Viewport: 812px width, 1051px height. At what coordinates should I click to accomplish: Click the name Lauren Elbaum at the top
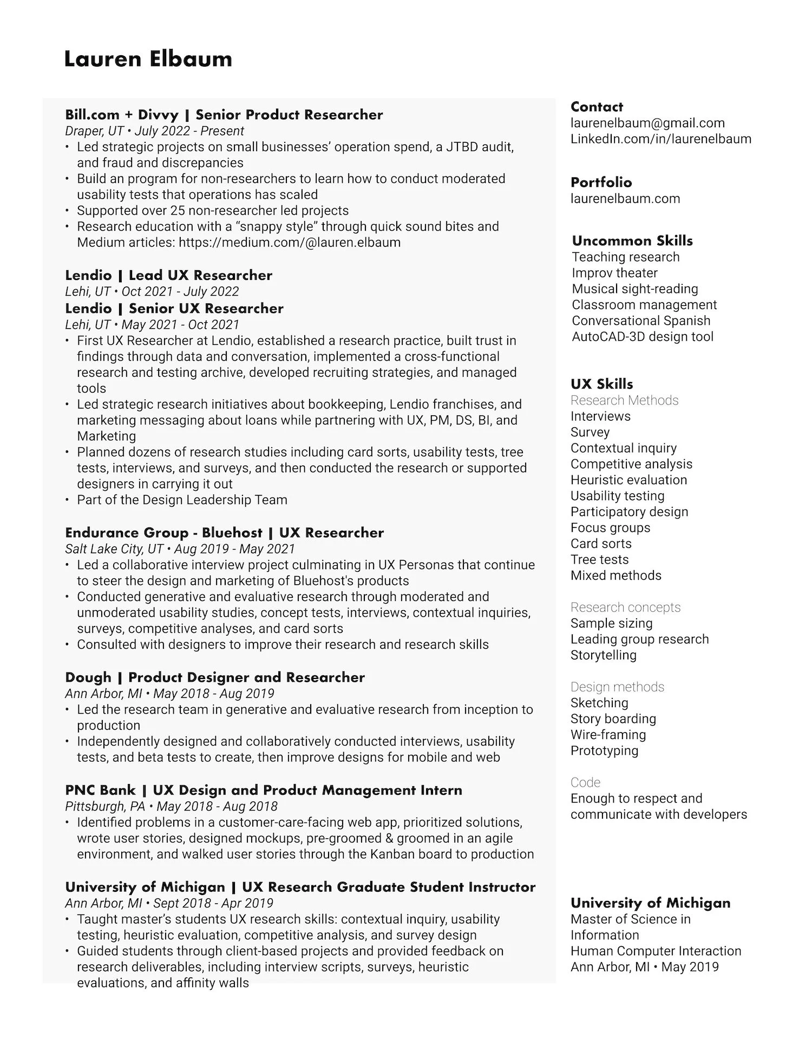[148, 59]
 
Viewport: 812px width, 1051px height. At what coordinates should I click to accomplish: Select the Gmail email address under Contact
[647, 123]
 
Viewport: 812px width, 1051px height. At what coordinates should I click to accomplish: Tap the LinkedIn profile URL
[660, 139]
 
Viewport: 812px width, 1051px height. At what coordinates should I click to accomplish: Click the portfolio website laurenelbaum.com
[625, 198]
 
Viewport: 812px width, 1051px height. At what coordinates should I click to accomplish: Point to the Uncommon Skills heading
[632, 240]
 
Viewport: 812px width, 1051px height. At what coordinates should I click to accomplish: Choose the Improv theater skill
[614, 273]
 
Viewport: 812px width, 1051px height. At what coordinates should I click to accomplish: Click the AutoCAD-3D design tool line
[642, 336]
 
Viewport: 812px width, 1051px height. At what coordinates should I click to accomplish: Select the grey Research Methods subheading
[624, 400]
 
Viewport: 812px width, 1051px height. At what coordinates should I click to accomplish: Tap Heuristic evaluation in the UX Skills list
[628, 480]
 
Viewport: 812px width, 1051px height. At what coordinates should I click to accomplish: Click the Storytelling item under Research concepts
[603, 655]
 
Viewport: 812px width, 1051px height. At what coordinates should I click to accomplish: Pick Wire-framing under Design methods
[608, 734]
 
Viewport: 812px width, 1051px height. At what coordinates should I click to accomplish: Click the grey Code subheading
[585, 782]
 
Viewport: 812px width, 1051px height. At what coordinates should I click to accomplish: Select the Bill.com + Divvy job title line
[224, 115]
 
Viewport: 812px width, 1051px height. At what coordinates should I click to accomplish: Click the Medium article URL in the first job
[289, 242]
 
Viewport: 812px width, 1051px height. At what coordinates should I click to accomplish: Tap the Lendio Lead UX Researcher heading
[168, 275]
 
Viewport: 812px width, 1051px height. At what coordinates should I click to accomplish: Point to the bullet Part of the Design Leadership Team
[182, 500]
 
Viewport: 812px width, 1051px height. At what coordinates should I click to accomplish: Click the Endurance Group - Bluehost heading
[224, 533]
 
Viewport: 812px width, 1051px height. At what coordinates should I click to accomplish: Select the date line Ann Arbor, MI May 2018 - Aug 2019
[169, 693]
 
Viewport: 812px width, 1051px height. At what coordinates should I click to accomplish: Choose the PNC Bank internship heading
[263, 790]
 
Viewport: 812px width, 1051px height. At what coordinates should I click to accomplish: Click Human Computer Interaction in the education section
[656, 951]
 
